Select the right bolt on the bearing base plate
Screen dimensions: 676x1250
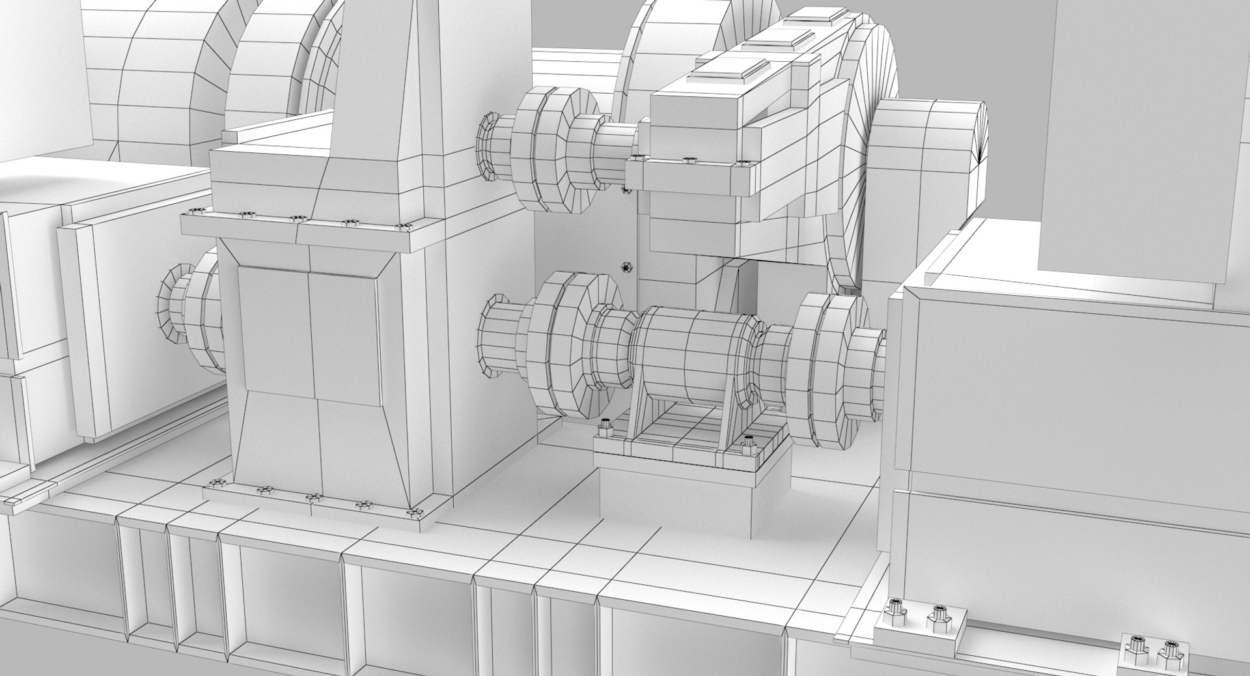point(749,445)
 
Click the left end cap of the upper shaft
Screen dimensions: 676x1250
point(487,147)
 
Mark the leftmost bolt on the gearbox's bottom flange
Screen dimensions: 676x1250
point(214,484)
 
